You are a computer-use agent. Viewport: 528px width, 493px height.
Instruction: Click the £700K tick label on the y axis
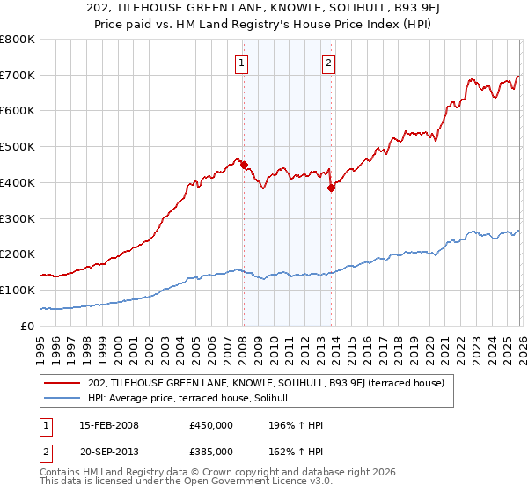(x=18, y=75)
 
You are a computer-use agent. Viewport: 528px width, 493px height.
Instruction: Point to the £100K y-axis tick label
(x=18, y=290)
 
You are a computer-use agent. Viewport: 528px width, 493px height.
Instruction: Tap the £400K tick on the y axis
(x=18, y=182)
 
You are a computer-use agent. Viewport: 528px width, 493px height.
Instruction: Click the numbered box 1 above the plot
(x=241, y=63)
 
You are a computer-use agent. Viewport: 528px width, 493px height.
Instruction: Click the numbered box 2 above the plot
(x=327, y=63)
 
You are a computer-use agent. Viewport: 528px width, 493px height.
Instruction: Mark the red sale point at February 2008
(x=244, y=165)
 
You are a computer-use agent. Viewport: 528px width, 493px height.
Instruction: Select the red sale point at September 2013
(x=331, y=188)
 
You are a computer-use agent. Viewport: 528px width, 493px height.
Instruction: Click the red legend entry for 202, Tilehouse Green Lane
(x=271, y=383)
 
